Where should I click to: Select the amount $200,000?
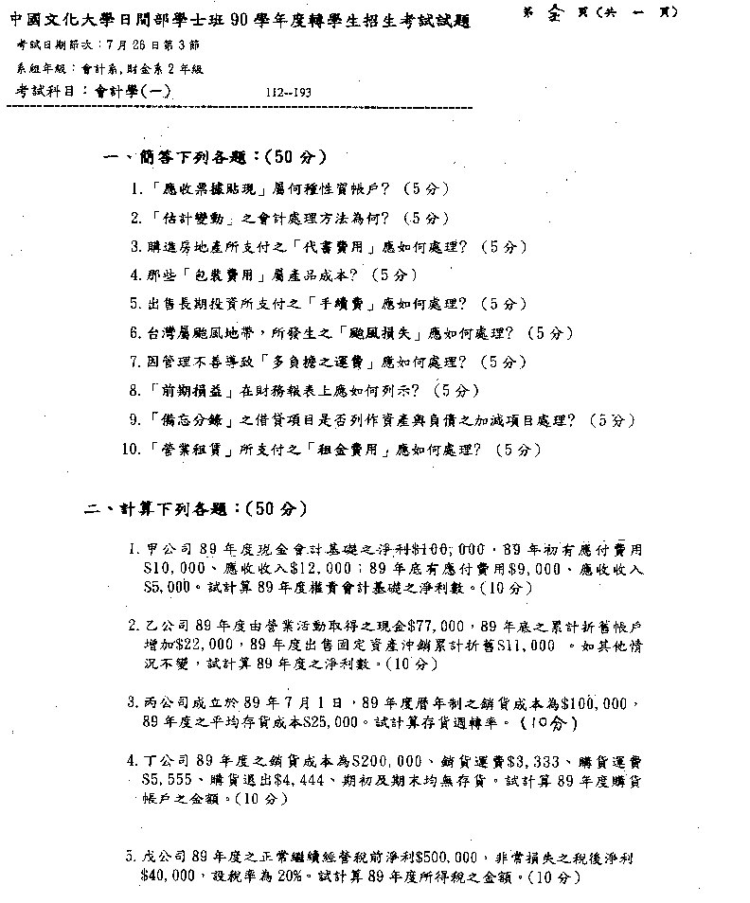click(389, 760)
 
